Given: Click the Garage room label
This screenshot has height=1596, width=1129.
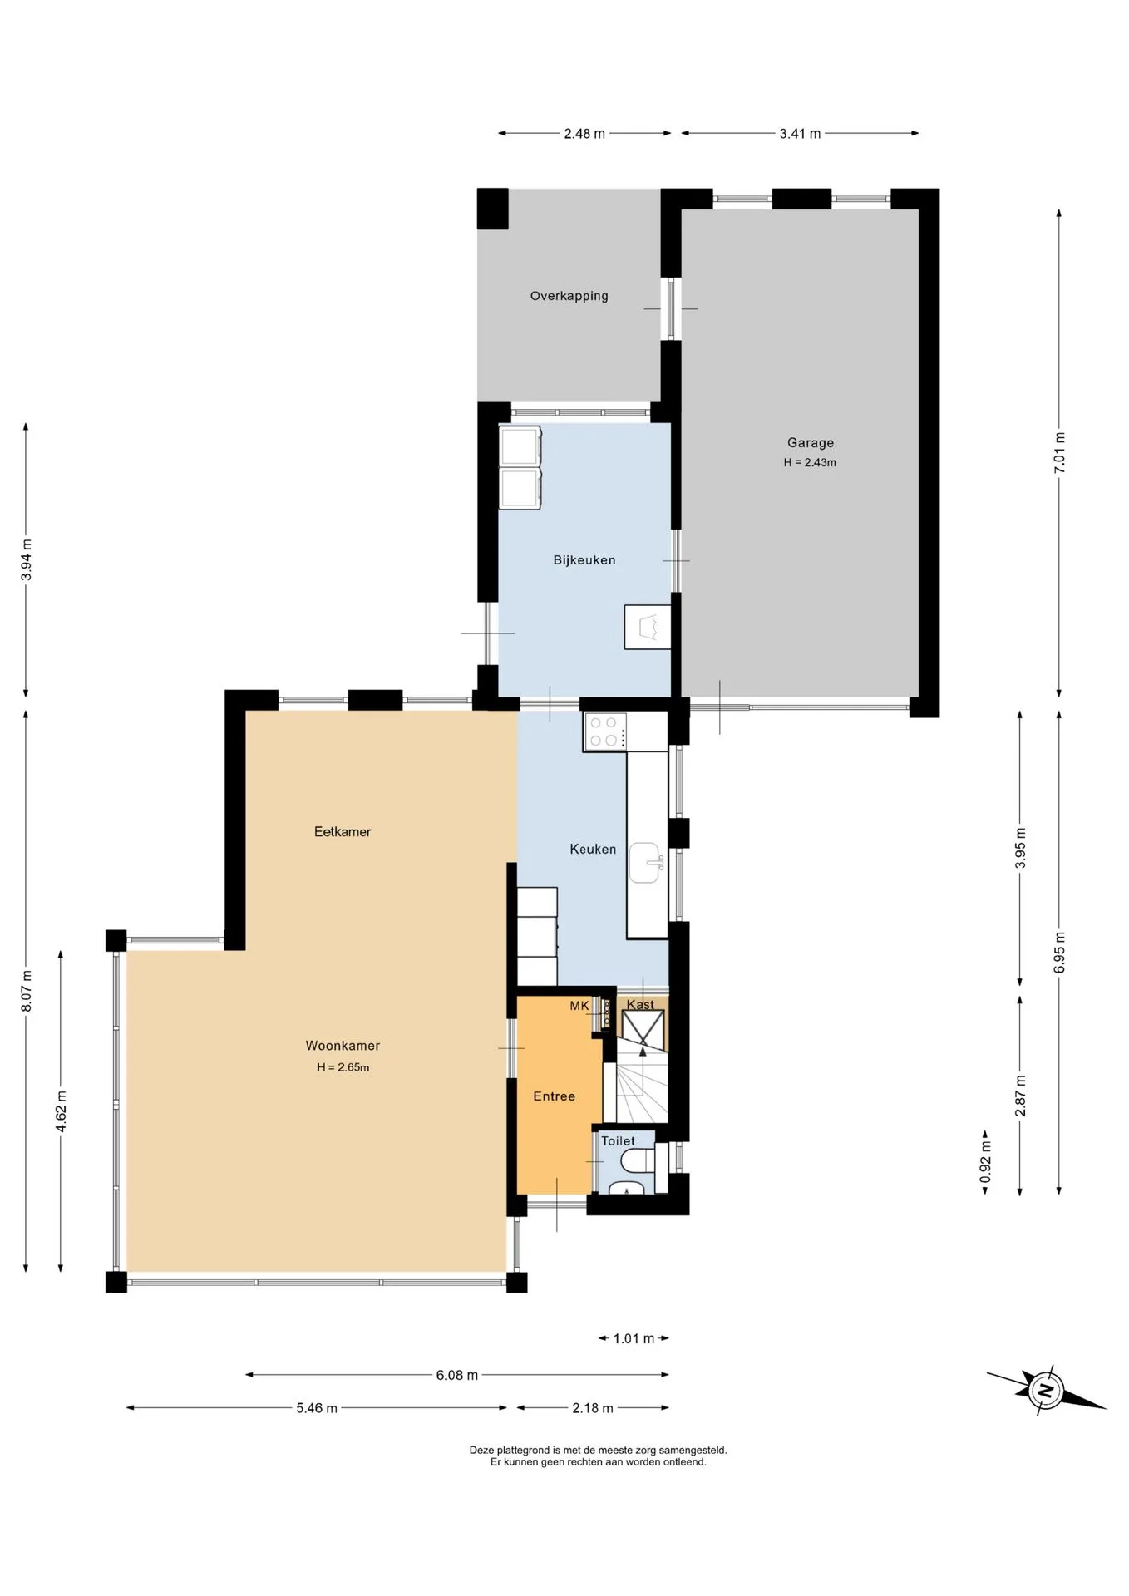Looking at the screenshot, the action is point(810,443).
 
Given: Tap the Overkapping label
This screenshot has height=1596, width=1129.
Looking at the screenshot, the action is point(569,296).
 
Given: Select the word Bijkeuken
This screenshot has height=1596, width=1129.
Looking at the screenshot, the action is point(584,560).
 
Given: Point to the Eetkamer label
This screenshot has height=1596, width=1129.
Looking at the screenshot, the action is point(343,831).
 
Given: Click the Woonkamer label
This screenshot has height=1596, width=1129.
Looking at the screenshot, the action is point(343,1046).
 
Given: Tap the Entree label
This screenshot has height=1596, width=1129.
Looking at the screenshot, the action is point(554,1096).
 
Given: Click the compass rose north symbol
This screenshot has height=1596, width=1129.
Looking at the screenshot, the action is point(1046,1390).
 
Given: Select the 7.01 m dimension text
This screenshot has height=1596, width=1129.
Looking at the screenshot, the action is point(1059,453).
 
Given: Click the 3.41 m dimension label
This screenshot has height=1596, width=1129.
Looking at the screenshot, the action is point(800,133).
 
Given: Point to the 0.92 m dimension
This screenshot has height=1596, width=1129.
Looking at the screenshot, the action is point(985,1162).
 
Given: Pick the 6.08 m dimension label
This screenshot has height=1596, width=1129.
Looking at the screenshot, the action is point(456,1375).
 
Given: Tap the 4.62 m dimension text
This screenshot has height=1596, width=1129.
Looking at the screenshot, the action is point(61,1111).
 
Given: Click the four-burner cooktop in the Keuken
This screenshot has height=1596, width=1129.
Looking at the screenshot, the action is point(604,732).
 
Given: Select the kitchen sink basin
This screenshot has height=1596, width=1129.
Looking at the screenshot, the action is point(645,863).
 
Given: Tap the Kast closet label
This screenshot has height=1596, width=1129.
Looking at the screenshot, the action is point(640,1004).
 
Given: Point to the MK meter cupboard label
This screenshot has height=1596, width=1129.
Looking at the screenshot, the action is point(579,1006).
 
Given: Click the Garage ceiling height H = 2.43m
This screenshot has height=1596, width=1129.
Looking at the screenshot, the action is point(810,463).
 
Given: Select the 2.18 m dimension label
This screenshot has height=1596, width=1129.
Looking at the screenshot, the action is point(592,1408).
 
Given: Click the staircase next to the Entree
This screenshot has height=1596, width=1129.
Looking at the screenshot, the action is point(642,1081).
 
